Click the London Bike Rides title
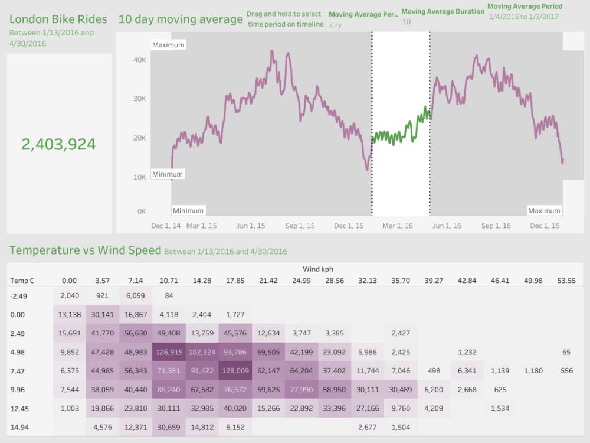tap(58, 19)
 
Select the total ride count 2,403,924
tap(58, 144)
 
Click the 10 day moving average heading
tap(180, 19)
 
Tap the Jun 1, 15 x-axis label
tap(250, 226)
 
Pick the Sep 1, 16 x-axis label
tap(496, 226)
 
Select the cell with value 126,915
tap(169, 352)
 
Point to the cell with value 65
tap(566, 352)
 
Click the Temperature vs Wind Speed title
tap(85, 250)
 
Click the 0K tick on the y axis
tap(142, 211)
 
